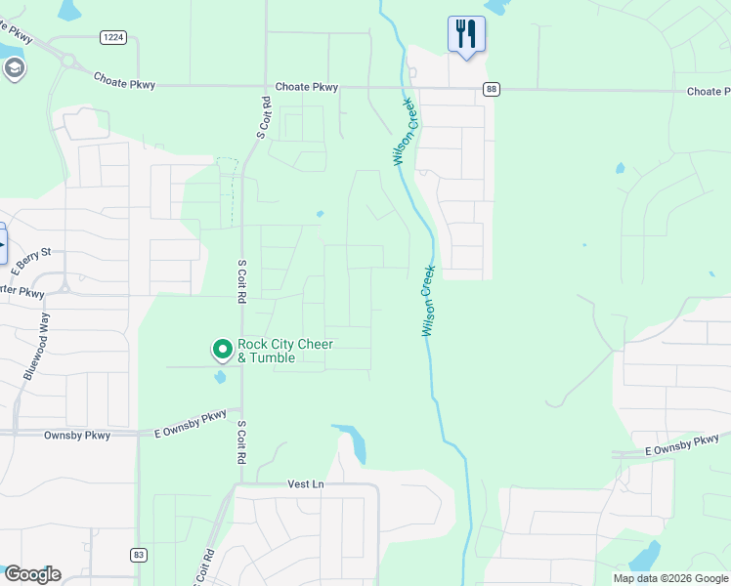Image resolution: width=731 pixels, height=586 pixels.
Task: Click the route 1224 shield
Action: coord(112,37)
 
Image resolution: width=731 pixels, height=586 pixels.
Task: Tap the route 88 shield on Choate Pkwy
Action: coord(492,89)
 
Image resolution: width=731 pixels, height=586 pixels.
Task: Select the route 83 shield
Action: coord(139,555)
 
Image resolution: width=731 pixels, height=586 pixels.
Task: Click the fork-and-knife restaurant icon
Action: coord(466,34)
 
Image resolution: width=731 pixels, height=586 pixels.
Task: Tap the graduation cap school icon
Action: coord(14,68)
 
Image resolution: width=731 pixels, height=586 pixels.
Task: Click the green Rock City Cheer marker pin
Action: coord(223,349)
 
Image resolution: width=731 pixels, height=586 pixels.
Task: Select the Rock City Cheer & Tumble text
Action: coord(285,352)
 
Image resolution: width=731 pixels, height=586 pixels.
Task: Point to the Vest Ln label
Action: coord(305,483)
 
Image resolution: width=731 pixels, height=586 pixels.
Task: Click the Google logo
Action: coord(32,573)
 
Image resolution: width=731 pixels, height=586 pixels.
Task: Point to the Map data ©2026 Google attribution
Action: coord(670,578)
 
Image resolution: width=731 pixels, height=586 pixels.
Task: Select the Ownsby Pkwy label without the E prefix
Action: coord(77,435)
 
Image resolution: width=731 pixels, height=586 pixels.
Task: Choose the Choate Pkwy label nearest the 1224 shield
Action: coord(125,82)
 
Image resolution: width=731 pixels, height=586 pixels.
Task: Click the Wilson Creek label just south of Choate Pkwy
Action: coord(407,130)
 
